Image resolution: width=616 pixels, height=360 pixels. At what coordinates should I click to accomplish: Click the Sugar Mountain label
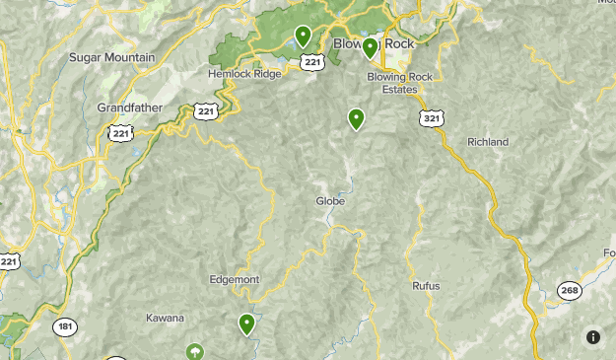(112, 57)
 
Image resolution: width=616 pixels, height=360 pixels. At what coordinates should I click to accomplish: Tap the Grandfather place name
(129, 107)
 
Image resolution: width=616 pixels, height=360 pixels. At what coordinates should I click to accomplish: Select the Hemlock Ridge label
(244, 73)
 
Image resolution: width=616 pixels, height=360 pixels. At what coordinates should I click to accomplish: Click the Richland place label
(488, 142)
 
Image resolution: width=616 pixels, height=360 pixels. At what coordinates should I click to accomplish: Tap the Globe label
(330, 201)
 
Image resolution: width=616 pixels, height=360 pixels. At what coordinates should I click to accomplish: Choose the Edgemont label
(235, 279)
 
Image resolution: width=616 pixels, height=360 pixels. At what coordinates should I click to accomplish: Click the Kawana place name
(165, 318)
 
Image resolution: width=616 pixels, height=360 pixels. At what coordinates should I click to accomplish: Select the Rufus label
(426, 286)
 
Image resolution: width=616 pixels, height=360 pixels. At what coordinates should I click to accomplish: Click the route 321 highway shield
(431, 118)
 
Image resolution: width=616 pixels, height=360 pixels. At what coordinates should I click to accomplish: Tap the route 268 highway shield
(569, 290)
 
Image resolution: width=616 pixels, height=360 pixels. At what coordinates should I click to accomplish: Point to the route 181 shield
(65, 326)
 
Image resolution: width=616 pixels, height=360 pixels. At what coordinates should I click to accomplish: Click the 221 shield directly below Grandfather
(121, 132)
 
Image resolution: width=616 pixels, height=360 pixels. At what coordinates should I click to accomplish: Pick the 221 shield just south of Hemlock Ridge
(206, 110)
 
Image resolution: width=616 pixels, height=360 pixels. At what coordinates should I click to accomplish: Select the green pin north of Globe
(356, 119)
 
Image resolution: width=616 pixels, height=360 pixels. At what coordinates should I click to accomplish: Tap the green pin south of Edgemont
(246, 324)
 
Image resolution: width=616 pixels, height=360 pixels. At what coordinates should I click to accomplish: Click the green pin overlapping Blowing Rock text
(370, 47)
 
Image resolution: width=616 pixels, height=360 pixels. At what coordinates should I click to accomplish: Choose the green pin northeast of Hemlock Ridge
(303, 36)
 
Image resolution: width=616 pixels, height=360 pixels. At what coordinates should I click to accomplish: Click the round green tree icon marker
(196, 351)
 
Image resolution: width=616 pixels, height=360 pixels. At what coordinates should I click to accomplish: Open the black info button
(593, 337)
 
